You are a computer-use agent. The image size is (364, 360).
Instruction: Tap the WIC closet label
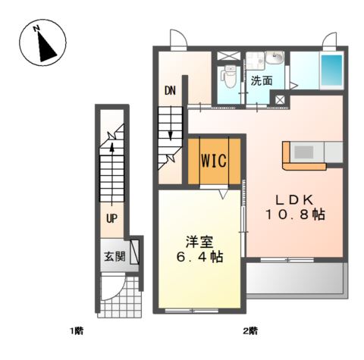214,161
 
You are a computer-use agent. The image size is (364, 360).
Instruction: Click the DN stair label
171,90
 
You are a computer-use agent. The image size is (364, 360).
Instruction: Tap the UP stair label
111,221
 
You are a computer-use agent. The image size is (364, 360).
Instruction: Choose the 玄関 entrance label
115,255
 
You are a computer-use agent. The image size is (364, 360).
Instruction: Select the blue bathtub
331,70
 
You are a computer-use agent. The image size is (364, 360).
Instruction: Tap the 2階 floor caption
249,331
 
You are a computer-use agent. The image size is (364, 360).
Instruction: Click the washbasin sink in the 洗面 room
276,58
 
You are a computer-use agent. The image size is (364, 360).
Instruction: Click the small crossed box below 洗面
280,99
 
